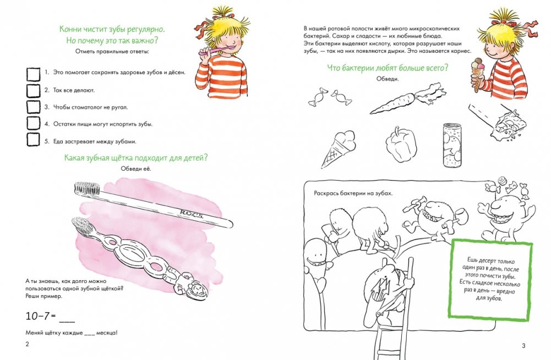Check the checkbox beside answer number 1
coord(34,74)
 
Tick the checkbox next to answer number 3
coord(34,107)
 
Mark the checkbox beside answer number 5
coord(33,139)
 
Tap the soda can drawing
coord(452,144)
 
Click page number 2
coord(28,344)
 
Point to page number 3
coord(523,346)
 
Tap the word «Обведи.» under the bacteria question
coord(388,79)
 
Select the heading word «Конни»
coord(69,29)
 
